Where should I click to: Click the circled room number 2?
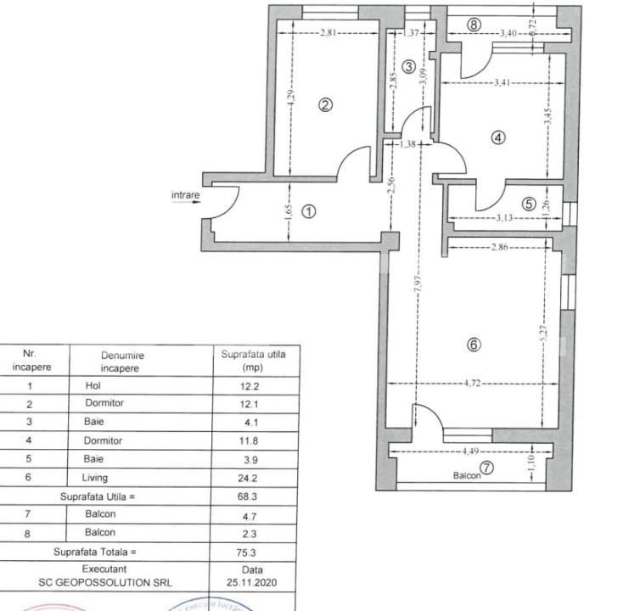pos(325,105)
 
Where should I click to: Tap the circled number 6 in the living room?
pos(474,345)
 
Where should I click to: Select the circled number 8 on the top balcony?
pos(474,25)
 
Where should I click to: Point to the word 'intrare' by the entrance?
pos(186,196)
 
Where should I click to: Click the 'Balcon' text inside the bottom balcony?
pos(467,476)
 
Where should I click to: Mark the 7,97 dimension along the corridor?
pos(418,294)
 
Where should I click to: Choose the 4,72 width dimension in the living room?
pos(473,384)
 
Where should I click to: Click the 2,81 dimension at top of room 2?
pos(329,33)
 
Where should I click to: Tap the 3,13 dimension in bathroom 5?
pos(507,218)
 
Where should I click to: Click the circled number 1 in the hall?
pos(310,212)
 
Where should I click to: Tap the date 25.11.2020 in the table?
pos(252,583)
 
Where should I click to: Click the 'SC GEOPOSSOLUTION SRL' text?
pos(104,583)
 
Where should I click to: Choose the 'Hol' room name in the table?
pos(93,385)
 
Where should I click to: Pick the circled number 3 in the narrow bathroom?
pos(408,67)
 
